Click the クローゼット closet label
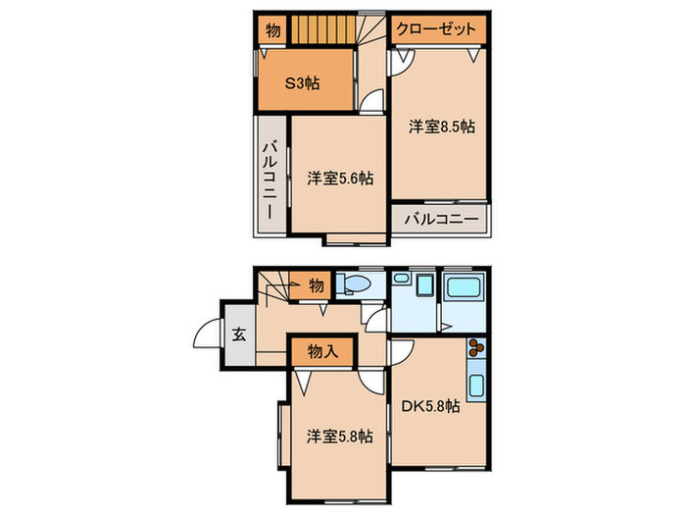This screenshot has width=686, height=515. [436, 29]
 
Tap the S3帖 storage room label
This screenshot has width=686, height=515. [302, 82]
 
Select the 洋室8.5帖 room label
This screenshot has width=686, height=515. [442, 127]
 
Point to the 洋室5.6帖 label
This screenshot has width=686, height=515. [340, 179]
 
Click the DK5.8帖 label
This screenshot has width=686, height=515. [431, 406]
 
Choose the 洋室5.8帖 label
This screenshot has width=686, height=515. [340, 437]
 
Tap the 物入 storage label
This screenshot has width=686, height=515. [322, 351]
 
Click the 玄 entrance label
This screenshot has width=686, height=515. [238, 335]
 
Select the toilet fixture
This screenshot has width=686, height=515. [355, 284]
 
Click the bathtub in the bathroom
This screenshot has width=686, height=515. [465, 287]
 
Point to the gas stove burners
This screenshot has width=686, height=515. [476, 347]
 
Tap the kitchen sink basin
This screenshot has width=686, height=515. [477, 386]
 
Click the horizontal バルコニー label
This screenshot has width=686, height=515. [441, 219]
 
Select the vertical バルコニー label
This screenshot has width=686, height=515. [270, 180]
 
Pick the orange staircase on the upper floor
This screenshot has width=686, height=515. [323, 29]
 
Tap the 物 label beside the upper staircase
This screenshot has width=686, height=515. [272, 30]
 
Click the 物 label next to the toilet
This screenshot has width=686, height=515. [317, 285]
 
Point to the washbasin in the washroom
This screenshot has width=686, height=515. [400, 278]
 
